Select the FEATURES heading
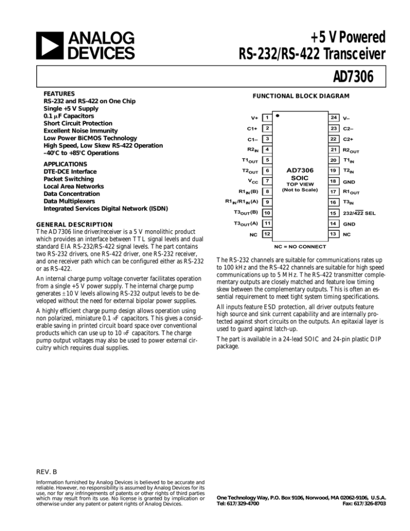click(x=59, y=93)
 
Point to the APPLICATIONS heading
click(x=65, y=164)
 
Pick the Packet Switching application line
click(x=69, y=179)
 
